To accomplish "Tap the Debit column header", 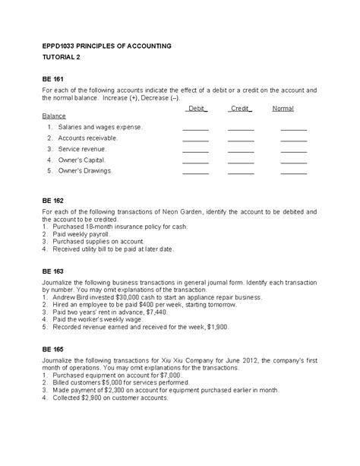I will tap(196, 109).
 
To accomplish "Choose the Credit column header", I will tap(240, 109).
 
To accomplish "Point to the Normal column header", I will tap(283, 109).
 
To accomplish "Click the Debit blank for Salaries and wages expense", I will tap(195, 128).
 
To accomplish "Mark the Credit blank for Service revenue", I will tap(241, 150).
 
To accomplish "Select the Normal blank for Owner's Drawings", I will tap(293, 172).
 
